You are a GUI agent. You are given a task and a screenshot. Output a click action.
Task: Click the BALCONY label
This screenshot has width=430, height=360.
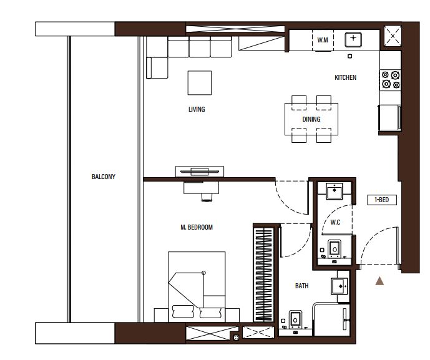point(104,177)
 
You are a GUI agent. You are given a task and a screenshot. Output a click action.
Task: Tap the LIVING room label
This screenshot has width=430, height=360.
point(197,109)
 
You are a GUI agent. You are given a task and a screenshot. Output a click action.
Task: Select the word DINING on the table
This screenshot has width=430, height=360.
point(311,119)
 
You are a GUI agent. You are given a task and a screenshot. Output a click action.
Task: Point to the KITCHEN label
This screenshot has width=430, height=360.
point(345,77)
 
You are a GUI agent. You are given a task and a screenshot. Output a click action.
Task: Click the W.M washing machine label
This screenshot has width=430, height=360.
point(323,40)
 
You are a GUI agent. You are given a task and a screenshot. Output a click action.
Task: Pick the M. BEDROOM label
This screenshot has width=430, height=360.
point(197,227)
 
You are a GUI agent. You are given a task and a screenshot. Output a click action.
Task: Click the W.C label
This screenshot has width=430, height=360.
point(335,222)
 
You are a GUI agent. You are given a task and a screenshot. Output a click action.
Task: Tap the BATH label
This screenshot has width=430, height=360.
point(301,286)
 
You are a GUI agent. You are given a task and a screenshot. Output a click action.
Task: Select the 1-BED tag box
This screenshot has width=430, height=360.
point(382,200)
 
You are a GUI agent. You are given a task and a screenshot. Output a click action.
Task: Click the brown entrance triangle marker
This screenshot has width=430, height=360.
point(379,281)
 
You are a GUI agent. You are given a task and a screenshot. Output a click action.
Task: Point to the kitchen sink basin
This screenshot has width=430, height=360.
point(353,39)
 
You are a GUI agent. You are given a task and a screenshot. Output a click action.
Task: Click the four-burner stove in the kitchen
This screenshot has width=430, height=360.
point(390,80)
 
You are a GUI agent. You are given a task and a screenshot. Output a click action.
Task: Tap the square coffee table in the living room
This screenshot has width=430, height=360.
point(200,83)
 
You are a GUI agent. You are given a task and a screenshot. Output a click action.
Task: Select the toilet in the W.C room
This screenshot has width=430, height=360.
point(335,249)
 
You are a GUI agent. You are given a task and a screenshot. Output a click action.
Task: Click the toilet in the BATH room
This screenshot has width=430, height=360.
point(295,319)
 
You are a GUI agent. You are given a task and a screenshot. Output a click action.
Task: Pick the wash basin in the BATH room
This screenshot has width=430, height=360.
point(340,286)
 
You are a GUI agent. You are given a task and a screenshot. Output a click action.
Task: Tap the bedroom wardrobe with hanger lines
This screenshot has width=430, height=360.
point(264,273)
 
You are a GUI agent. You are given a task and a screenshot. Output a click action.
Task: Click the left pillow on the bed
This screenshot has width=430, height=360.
point(183,312)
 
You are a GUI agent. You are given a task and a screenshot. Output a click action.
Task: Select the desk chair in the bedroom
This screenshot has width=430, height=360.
point(207,197)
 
